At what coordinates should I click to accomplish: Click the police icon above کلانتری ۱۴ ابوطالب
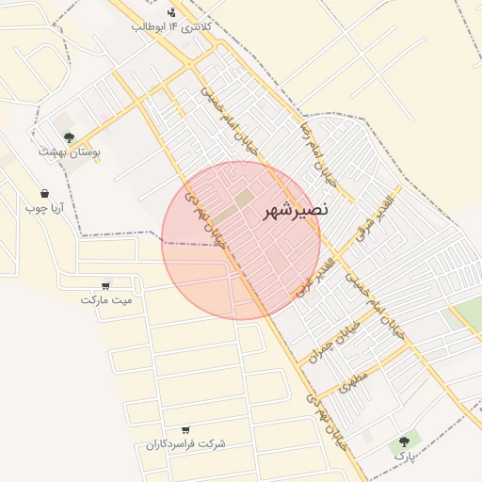click(x=170, y=12)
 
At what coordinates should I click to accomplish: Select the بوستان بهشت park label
click(x=70, y=151)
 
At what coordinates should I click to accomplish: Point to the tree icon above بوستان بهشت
click(x=69, y=137)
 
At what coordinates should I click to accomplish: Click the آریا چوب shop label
click(x=43, y=206)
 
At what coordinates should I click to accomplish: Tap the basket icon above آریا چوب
click(x=43, y=192)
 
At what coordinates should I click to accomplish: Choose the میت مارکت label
click(x=106, y=300)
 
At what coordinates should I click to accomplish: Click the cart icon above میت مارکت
click(x=105, y=285)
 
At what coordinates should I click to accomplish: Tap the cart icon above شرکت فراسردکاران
click(x=185, y=429)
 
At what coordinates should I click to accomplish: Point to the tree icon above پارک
click(x=405, y=441)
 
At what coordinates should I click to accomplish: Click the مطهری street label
click(x=355, y=378)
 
